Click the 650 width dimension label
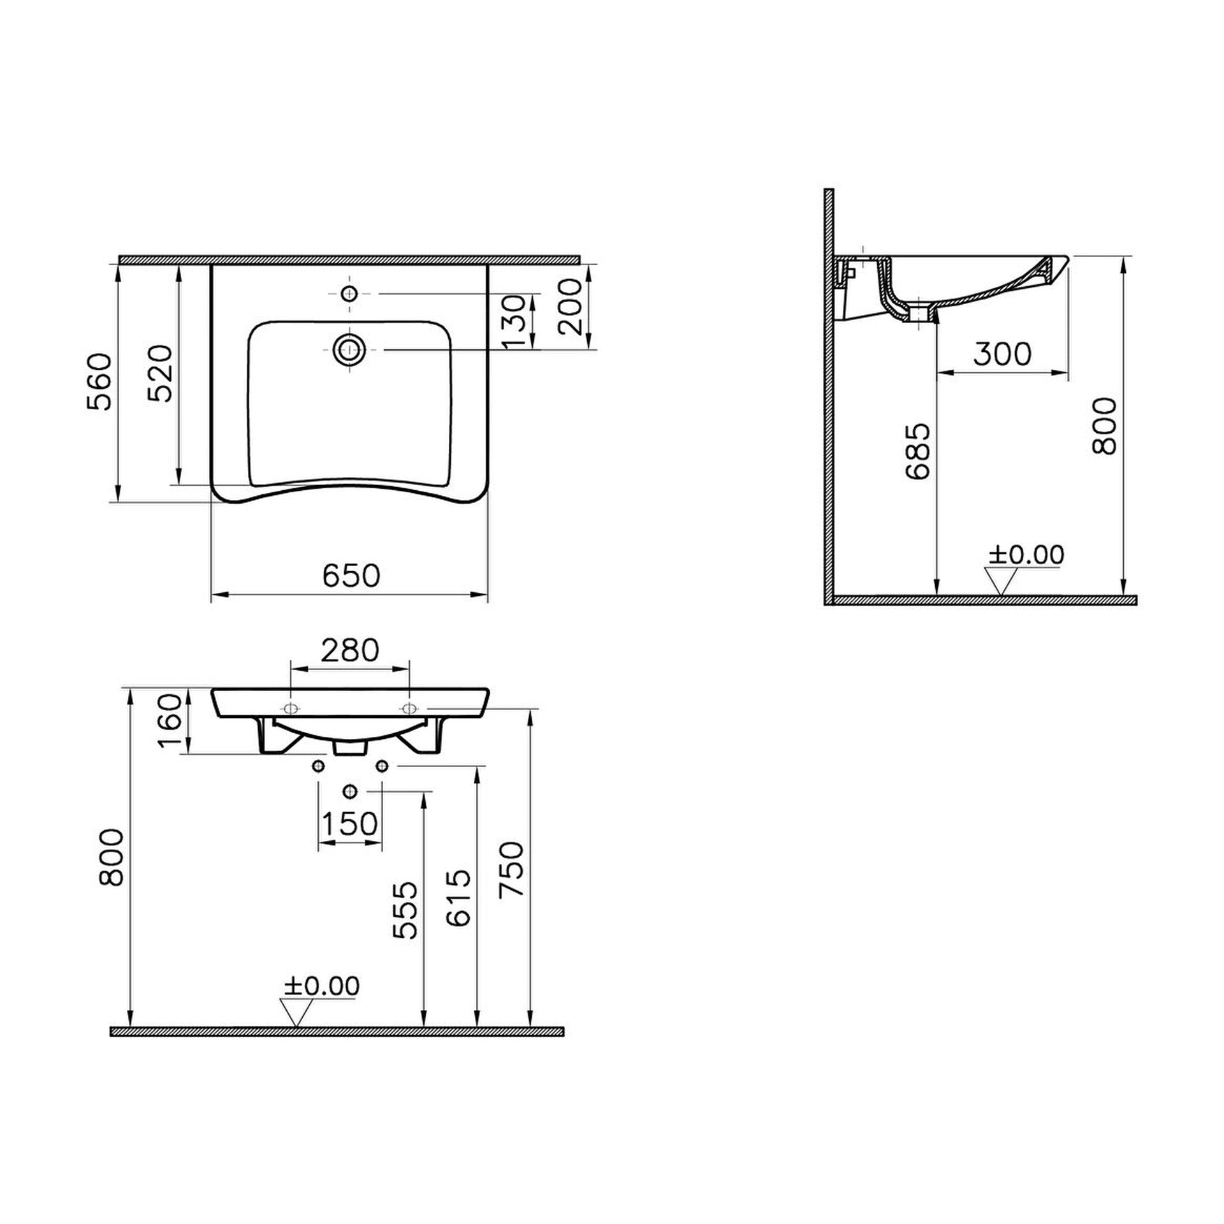[351, 576]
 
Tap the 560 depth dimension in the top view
[100, 382]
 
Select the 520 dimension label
[160, 373]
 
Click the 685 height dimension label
[918, 451]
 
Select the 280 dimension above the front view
[350, 651]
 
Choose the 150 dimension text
[349, 824]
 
